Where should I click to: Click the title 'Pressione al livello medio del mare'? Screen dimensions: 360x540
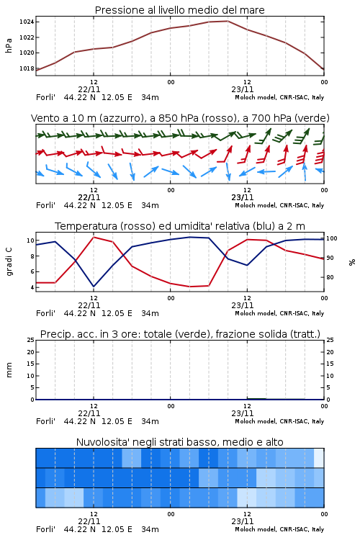[179, 10]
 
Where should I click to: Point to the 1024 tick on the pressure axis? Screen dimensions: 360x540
[27, 22]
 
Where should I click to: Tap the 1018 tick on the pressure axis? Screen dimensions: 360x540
[27, 68]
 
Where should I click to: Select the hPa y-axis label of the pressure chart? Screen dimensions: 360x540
[9, 45]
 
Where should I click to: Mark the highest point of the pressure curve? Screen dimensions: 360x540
[228, 21]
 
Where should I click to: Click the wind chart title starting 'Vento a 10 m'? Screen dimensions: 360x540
[180, 118]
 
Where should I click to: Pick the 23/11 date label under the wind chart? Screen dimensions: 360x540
[243, 197]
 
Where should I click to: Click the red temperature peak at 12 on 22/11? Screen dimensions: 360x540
[94, 238]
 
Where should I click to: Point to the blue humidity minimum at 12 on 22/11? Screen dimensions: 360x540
[94, 286]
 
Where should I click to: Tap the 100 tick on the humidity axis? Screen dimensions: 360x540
[332, 238]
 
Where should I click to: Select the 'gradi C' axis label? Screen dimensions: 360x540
[9, 261]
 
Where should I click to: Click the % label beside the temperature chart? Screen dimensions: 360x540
[352, 262]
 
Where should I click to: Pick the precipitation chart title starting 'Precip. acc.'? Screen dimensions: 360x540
[180, 334]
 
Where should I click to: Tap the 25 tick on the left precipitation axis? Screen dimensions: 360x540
[31, 340]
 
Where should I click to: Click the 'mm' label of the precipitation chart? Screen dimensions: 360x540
[9, 369]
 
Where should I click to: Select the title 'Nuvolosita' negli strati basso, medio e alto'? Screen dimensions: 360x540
[179, 442]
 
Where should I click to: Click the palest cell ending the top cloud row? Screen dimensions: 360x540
[319, 458]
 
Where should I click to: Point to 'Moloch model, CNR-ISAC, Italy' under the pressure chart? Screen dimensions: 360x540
[279, 97]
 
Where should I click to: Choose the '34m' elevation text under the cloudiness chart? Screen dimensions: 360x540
[150, 529]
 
